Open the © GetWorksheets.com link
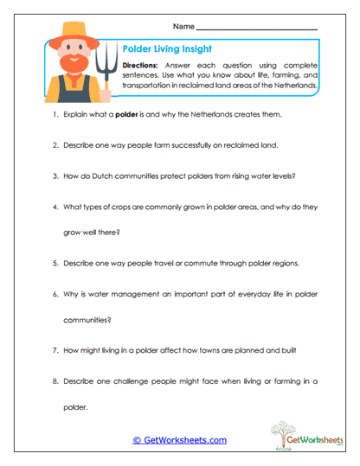[179, 440]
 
